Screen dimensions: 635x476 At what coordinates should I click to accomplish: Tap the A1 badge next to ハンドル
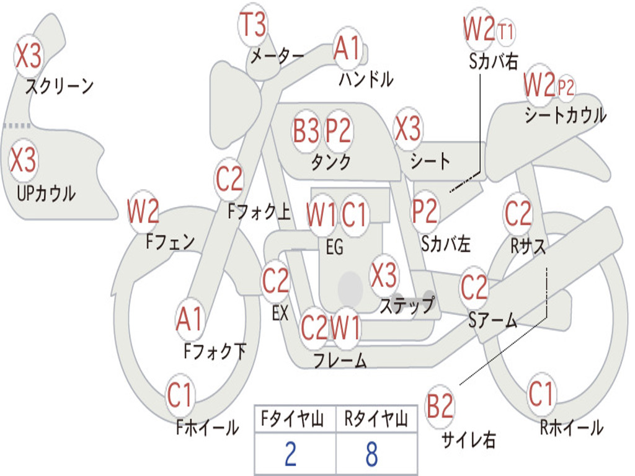(347, 48)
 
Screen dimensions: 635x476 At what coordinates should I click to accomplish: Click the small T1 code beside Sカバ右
(506, 32)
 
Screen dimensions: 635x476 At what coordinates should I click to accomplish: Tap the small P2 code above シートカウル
(566, 87)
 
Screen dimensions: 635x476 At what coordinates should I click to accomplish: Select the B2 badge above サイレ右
(440, 407)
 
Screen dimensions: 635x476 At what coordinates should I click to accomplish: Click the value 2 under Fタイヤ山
(290, 454)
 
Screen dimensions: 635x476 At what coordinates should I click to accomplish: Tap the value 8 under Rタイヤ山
(371, 454)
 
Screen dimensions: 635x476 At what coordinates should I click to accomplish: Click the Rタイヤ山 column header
(376, 420)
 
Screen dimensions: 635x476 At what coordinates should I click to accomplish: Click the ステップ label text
(407, 306)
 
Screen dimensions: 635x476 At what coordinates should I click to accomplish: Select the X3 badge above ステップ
(384, 275)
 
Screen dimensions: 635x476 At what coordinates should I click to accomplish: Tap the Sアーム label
(492, 320)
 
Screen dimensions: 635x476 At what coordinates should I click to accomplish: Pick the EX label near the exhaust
(280, 314)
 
